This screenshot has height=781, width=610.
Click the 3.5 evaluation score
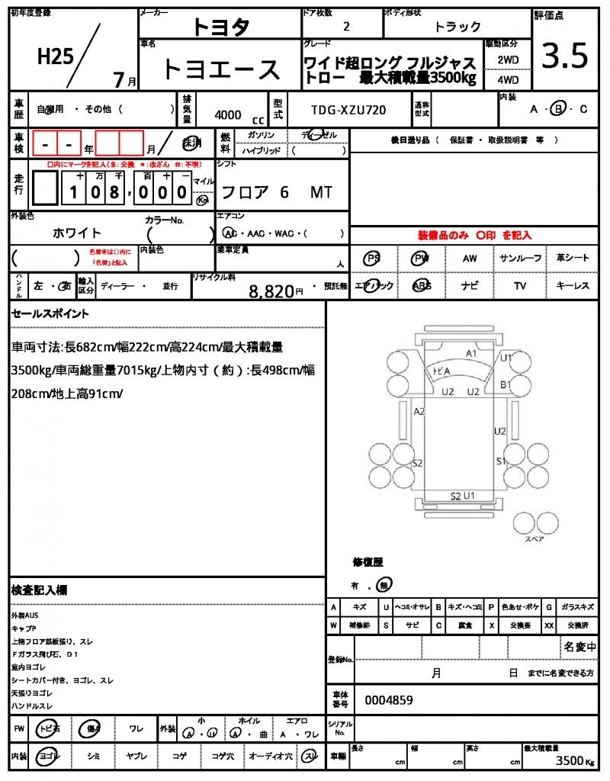[x=564, y=55]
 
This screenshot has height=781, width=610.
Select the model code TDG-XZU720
[x=348, y=110]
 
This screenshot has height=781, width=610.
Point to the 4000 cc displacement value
[x=229, y=114]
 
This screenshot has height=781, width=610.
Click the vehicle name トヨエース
[x=221, y=69]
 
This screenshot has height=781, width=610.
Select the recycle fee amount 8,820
[x=271, y=291]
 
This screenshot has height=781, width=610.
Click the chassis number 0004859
[x=390, y=699]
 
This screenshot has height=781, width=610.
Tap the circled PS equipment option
[x=373, y=258]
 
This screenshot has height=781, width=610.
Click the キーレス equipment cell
[x=573, y=286]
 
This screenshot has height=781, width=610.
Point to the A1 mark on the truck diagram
[x=471, y=353]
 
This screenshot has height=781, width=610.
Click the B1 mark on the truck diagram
[x=505, y=384]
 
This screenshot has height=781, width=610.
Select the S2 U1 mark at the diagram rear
[x=463, y=496]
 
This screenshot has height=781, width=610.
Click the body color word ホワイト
[x=77, y=233]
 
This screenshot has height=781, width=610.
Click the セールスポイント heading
[x=50, y=313]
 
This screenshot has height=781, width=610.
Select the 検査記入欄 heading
[x=39, y=590]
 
